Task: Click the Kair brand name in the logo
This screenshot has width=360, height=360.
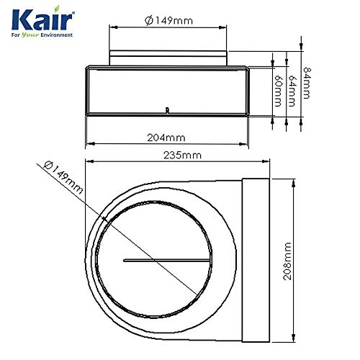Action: (42, 19)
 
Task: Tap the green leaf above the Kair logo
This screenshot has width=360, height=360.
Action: (57, 9)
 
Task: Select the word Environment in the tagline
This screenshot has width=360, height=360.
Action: (56, 35)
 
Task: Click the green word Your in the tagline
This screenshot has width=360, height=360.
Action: (30, 35)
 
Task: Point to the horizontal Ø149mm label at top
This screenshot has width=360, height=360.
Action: (168, 21)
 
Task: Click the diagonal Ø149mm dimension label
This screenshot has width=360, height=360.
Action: (63, 177)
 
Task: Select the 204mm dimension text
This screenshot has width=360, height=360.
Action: (166, 138)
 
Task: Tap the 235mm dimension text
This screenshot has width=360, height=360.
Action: (182, 156)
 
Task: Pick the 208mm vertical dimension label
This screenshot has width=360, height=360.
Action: (287, 261)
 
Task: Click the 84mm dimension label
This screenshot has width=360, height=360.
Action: (307, 83)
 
